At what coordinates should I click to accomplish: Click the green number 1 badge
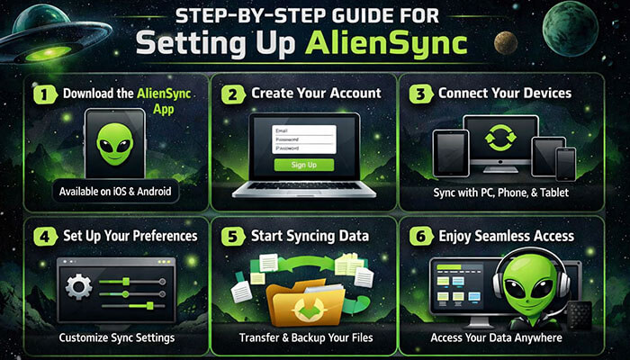[40, 93]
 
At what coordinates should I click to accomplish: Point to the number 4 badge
[40, 237]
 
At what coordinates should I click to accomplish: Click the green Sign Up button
[303, 165]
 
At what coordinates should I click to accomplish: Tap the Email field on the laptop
[303, 130]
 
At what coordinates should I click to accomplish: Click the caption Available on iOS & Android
[114, 192]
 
